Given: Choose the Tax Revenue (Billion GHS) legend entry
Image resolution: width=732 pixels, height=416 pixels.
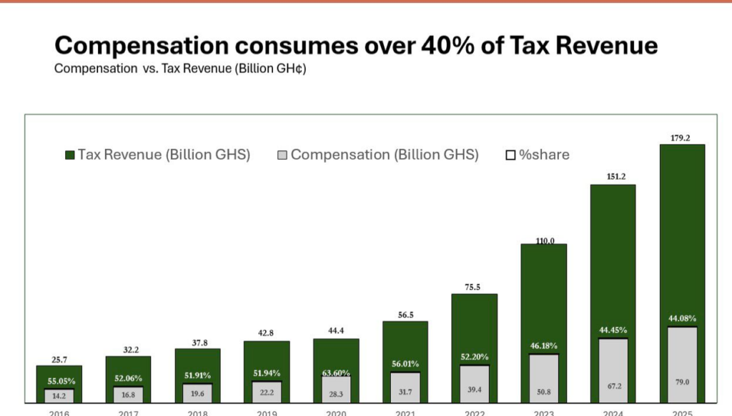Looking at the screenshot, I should [x=157, y=155].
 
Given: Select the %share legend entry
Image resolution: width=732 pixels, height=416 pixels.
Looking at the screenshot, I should [x=538, y=155].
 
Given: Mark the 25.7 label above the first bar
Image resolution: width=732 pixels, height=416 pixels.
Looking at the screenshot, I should [x=59, y=360].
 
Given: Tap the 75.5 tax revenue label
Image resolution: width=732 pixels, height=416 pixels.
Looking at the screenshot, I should [x=474, y=288].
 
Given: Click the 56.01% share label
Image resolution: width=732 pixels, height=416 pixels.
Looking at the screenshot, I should [x=405, y=364].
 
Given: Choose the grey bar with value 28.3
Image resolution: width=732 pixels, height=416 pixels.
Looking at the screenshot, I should [x=336, y=390].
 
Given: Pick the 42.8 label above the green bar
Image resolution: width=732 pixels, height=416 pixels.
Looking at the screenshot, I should [x=267, y=334].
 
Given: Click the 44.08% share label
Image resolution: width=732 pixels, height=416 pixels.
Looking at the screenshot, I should [x=682, y=319].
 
